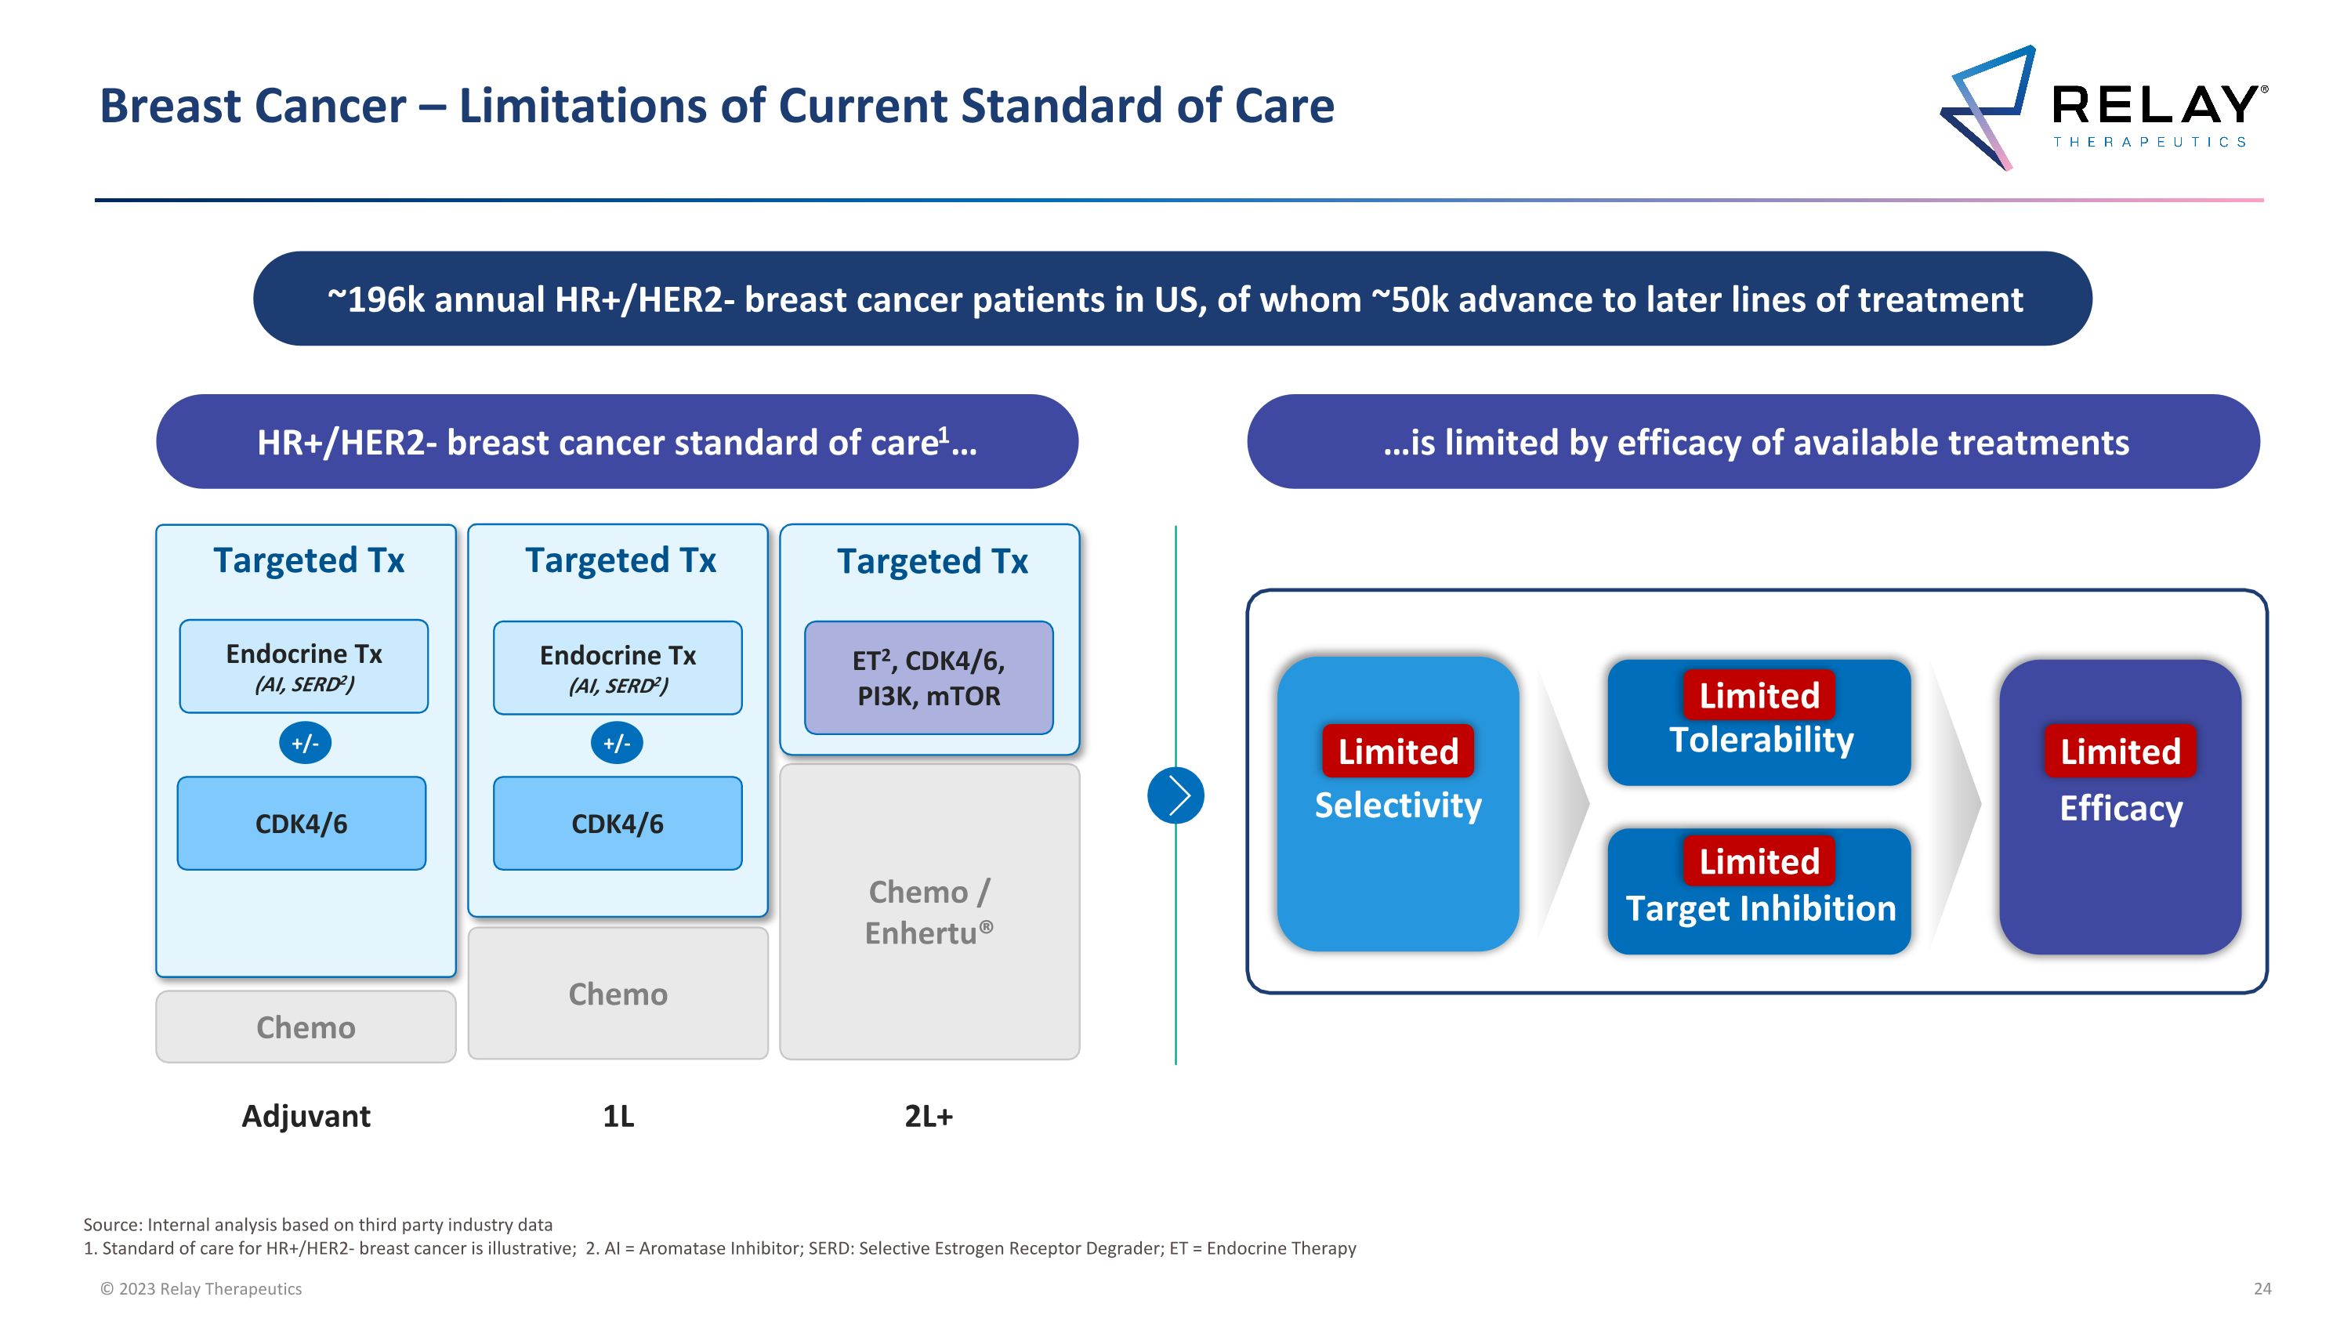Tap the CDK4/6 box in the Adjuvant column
coord(301,824)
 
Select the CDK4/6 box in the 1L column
coord(617,824)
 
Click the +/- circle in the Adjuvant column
coord(305,744)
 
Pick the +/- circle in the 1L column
coord(617,744)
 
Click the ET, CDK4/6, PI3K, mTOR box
coord(928,678)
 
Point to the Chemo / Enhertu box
coord(929,911)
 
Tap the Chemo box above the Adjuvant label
coord(306,1027)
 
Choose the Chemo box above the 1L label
coord(618,994)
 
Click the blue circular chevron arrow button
coord(1175,795)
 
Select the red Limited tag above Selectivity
coord(1397,751)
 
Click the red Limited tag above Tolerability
coord(1759,695)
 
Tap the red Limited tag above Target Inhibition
coord(1759,861)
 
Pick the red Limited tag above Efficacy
coord(2120,751)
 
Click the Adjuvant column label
coord(306,1116)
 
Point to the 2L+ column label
coord(928,1116)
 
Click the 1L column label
coord(618,1116)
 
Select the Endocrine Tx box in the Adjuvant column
coord(304,667)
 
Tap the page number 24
coord(2262,1288)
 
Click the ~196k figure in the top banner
coord(376,299)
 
